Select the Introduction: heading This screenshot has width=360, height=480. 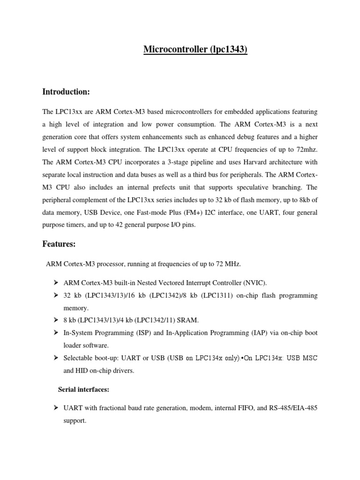click(x=66, y=92)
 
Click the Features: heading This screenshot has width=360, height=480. click(x=59, y=244)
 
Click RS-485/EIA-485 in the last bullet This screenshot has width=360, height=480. click(x=293, y=408)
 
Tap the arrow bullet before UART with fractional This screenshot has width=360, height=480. click(x=55, y=408)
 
